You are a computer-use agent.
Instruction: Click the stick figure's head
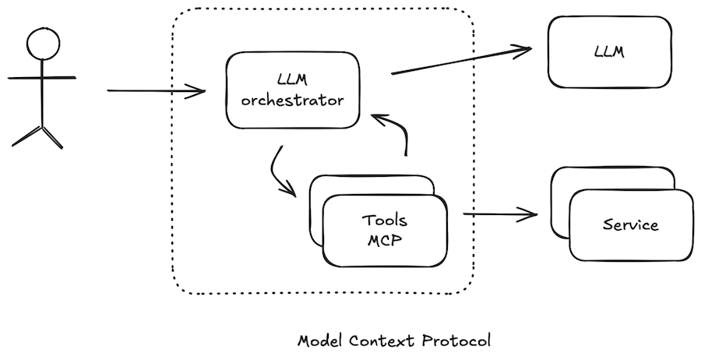tap(41, 44)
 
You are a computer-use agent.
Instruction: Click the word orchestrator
tap(293, 100)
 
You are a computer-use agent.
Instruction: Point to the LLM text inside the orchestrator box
tap(293, 79)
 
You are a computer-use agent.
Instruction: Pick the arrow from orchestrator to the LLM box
tap(460, 62)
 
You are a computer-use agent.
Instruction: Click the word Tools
tap(385, 221)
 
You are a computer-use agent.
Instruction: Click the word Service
tap(630, 225)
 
